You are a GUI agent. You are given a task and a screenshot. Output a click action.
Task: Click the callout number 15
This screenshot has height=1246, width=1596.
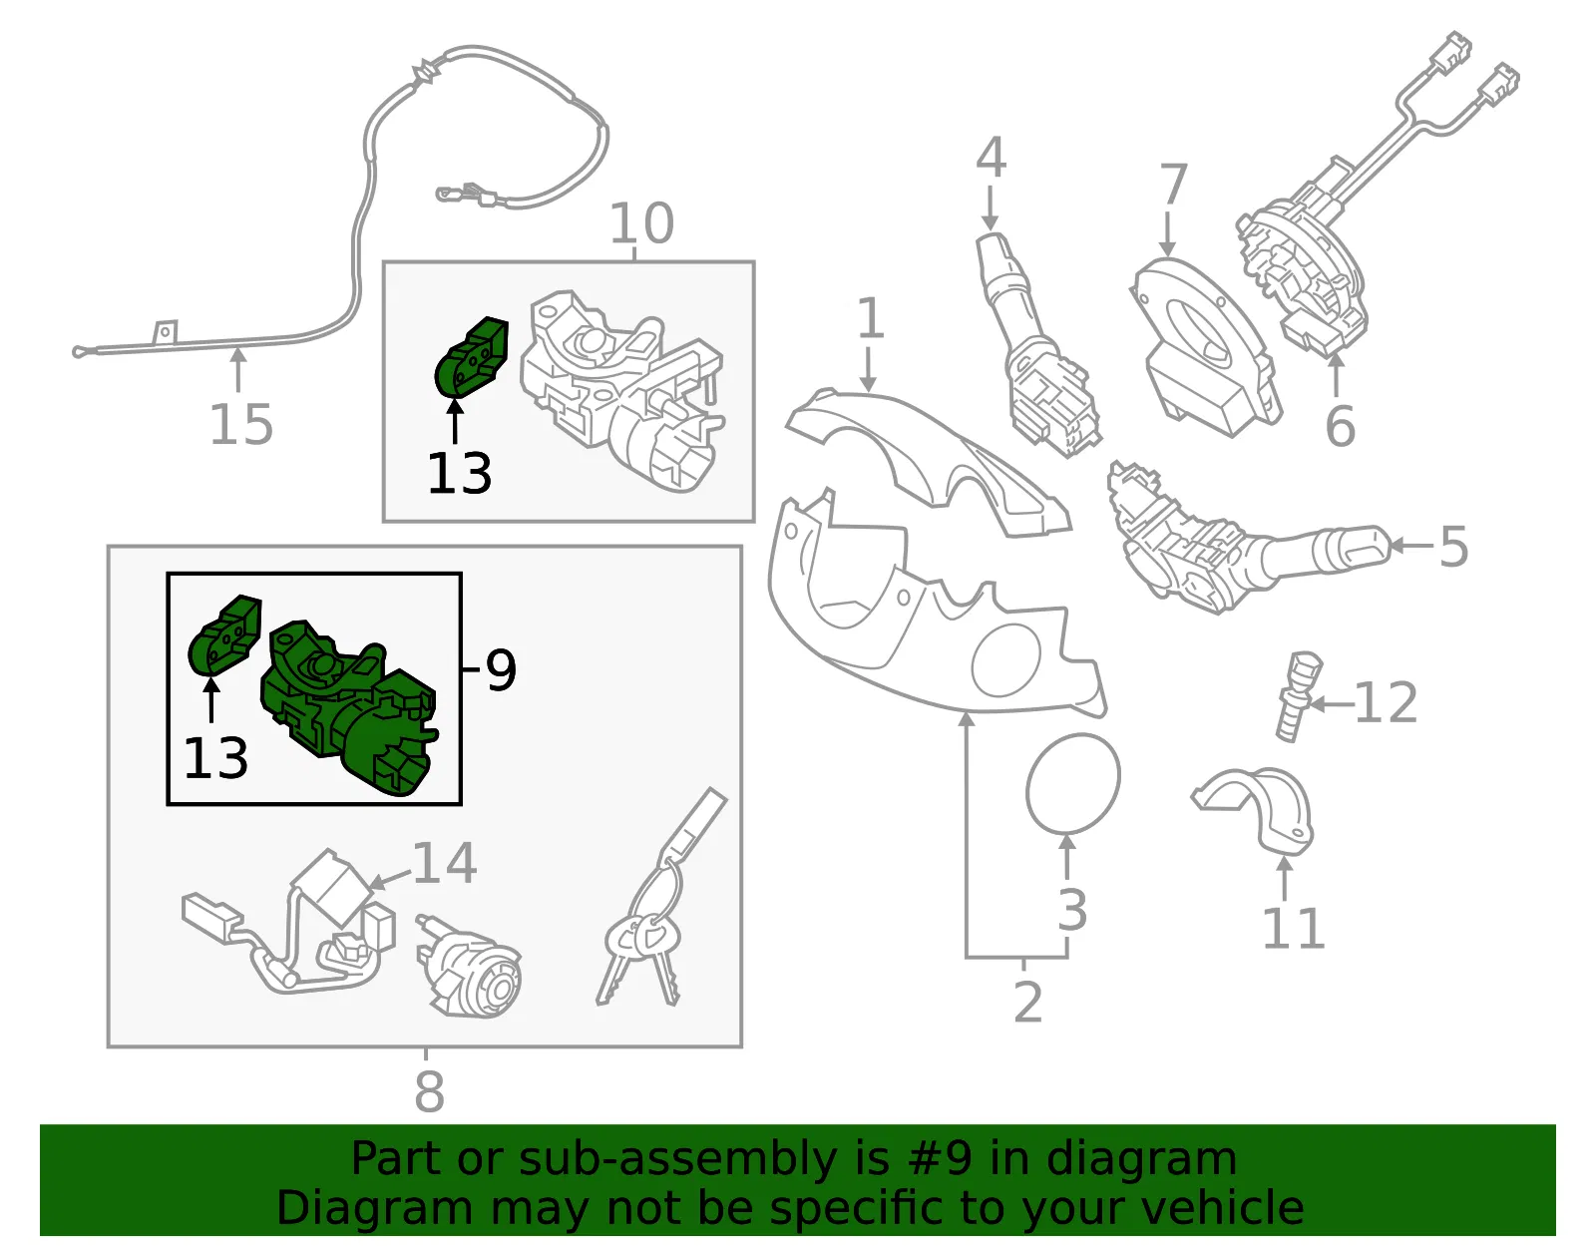pyautogui.click(x=241, y=424)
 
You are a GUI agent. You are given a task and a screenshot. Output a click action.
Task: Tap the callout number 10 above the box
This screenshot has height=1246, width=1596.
pyautogui.click(x=641, y=223)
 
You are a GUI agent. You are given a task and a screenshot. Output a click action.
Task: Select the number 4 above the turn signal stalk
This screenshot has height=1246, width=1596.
pyautogui.click(x=991, y=158)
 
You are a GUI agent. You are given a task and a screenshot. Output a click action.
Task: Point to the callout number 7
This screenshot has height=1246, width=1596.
pyautogui.click(x=1173, y=185)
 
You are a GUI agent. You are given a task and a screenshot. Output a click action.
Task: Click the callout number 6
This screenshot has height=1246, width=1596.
pyautogui.click(x=1340, y=425)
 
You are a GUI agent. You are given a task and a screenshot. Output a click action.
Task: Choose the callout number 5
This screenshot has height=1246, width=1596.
pyautogui.click(x=1453, y=547)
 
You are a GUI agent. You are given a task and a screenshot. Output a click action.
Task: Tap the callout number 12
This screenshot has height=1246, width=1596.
pyautogui.click(x=1386, y=702)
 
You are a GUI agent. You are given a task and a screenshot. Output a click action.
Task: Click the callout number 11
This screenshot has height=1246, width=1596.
pyautogui.click(x=1294, y=929)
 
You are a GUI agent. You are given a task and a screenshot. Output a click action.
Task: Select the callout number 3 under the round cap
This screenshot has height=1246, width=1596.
pyautogui.click(x=1072, y=911)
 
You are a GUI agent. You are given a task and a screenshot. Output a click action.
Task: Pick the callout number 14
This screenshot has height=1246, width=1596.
pyautogui.click(x=445, y=863)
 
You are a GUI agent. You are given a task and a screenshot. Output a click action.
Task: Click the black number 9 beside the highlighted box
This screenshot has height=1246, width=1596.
pyautogui.click(x=501, y=669)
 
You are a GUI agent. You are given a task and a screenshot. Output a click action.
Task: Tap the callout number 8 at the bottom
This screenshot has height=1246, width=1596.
pyautogui.click(x=429, y=1091)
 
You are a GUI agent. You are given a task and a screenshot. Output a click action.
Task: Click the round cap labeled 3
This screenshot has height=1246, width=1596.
pyautogui.click(x=1073, y=783)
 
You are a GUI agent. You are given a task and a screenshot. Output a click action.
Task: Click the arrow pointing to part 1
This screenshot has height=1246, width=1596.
pyautogui.click(x=868, y=369)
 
